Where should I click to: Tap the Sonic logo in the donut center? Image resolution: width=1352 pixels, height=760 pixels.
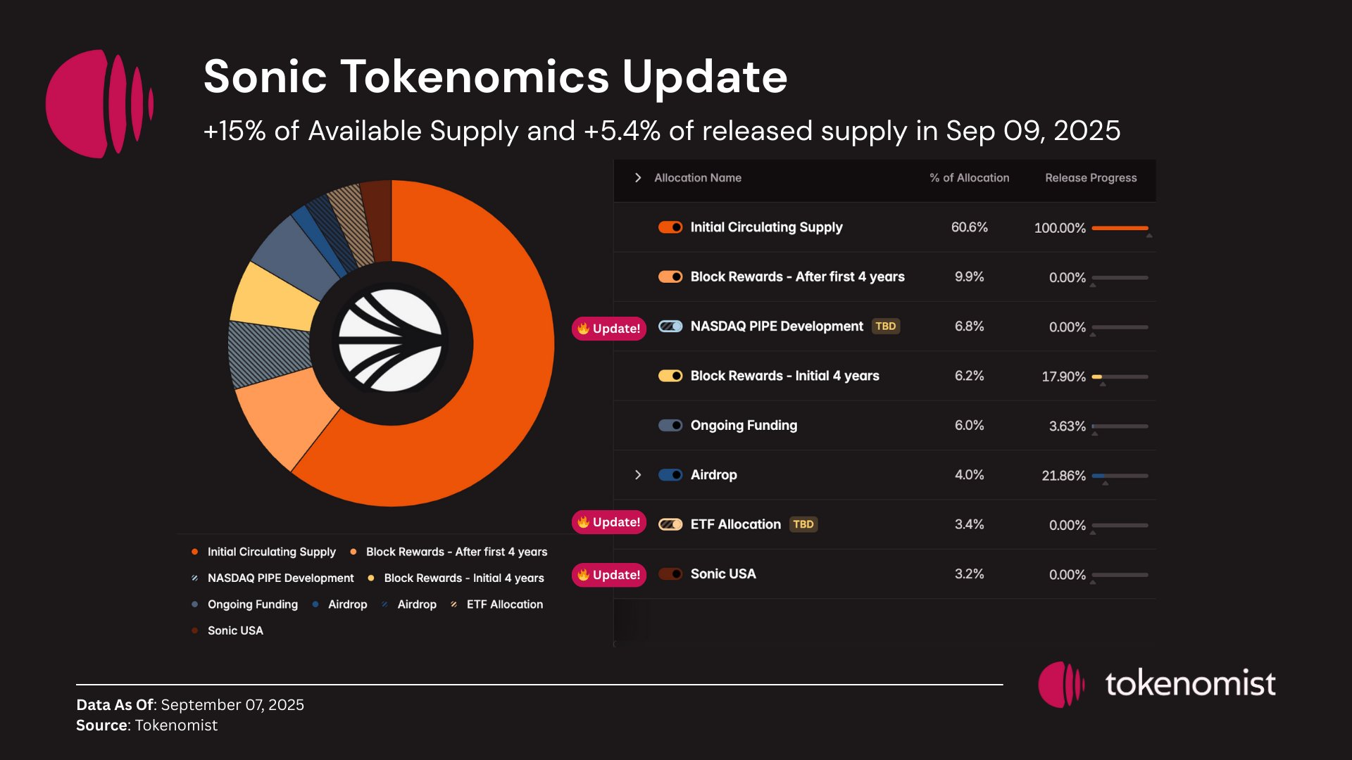point(391,342)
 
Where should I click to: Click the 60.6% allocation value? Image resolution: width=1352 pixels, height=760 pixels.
point(969,227)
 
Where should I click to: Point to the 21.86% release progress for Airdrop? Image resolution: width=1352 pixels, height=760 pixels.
point(1063,476)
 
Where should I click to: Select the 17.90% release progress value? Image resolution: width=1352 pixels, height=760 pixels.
point(1063,376)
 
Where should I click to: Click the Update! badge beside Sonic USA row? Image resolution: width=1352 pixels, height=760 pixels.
point(609,575)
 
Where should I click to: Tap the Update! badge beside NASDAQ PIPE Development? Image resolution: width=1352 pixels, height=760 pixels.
point(609,329)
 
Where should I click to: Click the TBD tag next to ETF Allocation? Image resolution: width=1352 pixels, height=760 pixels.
point(803,524)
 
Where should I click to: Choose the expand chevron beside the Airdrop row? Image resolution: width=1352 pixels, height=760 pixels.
point(638,475)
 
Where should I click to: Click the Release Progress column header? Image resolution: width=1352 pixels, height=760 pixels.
point(1090,178)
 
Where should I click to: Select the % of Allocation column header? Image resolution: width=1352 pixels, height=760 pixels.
point(969,178)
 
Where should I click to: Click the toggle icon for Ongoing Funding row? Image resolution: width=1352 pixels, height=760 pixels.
point(670,425)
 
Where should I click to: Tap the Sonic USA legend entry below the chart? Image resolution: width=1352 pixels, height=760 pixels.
point(235,631)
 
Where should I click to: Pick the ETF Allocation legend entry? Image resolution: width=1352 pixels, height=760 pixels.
point(504,604)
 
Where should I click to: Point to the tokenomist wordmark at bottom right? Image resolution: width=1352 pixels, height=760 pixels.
point(1190,683)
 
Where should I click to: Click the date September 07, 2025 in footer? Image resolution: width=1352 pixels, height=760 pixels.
point(232,704)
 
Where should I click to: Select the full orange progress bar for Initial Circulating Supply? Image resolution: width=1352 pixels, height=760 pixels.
point(1120,228)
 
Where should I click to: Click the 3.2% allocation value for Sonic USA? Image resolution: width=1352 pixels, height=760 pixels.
point(969,574)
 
